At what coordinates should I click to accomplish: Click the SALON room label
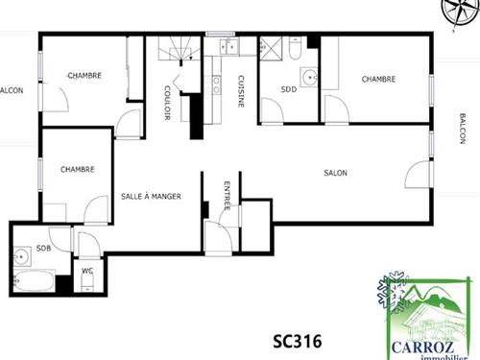point(335,173)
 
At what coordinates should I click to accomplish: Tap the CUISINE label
point(241,91)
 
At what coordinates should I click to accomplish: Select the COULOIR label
point(167,103)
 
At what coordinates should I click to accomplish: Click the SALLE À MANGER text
point(151,196)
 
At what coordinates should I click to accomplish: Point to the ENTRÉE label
point(227,196)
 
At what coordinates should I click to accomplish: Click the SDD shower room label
point(289,89)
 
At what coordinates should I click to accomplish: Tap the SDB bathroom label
point(43,248)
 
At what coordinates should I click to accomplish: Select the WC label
point(87,271)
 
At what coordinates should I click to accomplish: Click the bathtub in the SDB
point(35,281)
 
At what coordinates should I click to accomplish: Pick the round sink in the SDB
point(22,256)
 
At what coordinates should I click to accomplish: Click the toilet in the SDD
point(295,48)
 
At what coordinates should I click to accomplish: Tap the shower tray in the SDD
point(271,48)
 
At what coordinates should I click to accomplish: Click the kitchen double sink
point(229,47)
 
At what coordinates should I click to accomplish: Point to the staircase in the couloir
point(180,49)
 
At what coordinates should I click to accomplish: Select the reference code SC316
point(298,341)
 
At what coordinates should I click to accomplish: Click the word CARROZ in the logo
point(422,348)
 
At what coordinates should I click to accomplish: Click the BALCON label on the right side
point(463,129)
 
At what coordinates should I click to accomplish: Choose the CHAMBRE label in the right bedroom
point(378,79)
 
